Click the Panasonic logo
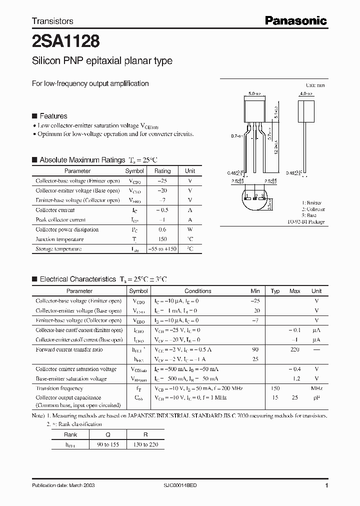(x=295, y=20)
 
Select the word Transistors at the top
(x=52, y=21)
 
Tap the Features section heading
(x=53, y=116)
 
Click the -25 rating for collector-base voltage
(x=162, y=181)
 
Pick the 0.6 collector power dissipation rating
(x=162, y=229)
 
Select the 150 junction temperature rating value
(x=162, y=239)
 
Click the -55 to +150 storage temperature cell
(x=162, y=248)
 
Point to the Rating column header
(x=162, y=171)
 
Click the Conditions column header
(x=198, y=291)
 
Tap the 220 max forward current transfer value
(x=295, y=349)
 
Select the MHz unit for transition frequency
(x=316, y=388)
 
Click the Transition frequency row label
(x=59, y=388)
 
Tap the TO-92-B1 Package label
(x=305, y=221)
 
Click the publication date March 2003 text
(x=63, y=485)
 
